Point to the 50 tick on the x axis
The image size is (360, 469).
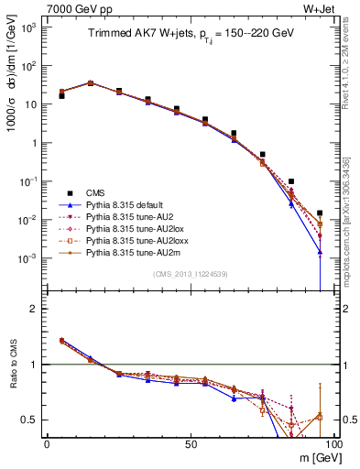(x=190, y=443)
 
